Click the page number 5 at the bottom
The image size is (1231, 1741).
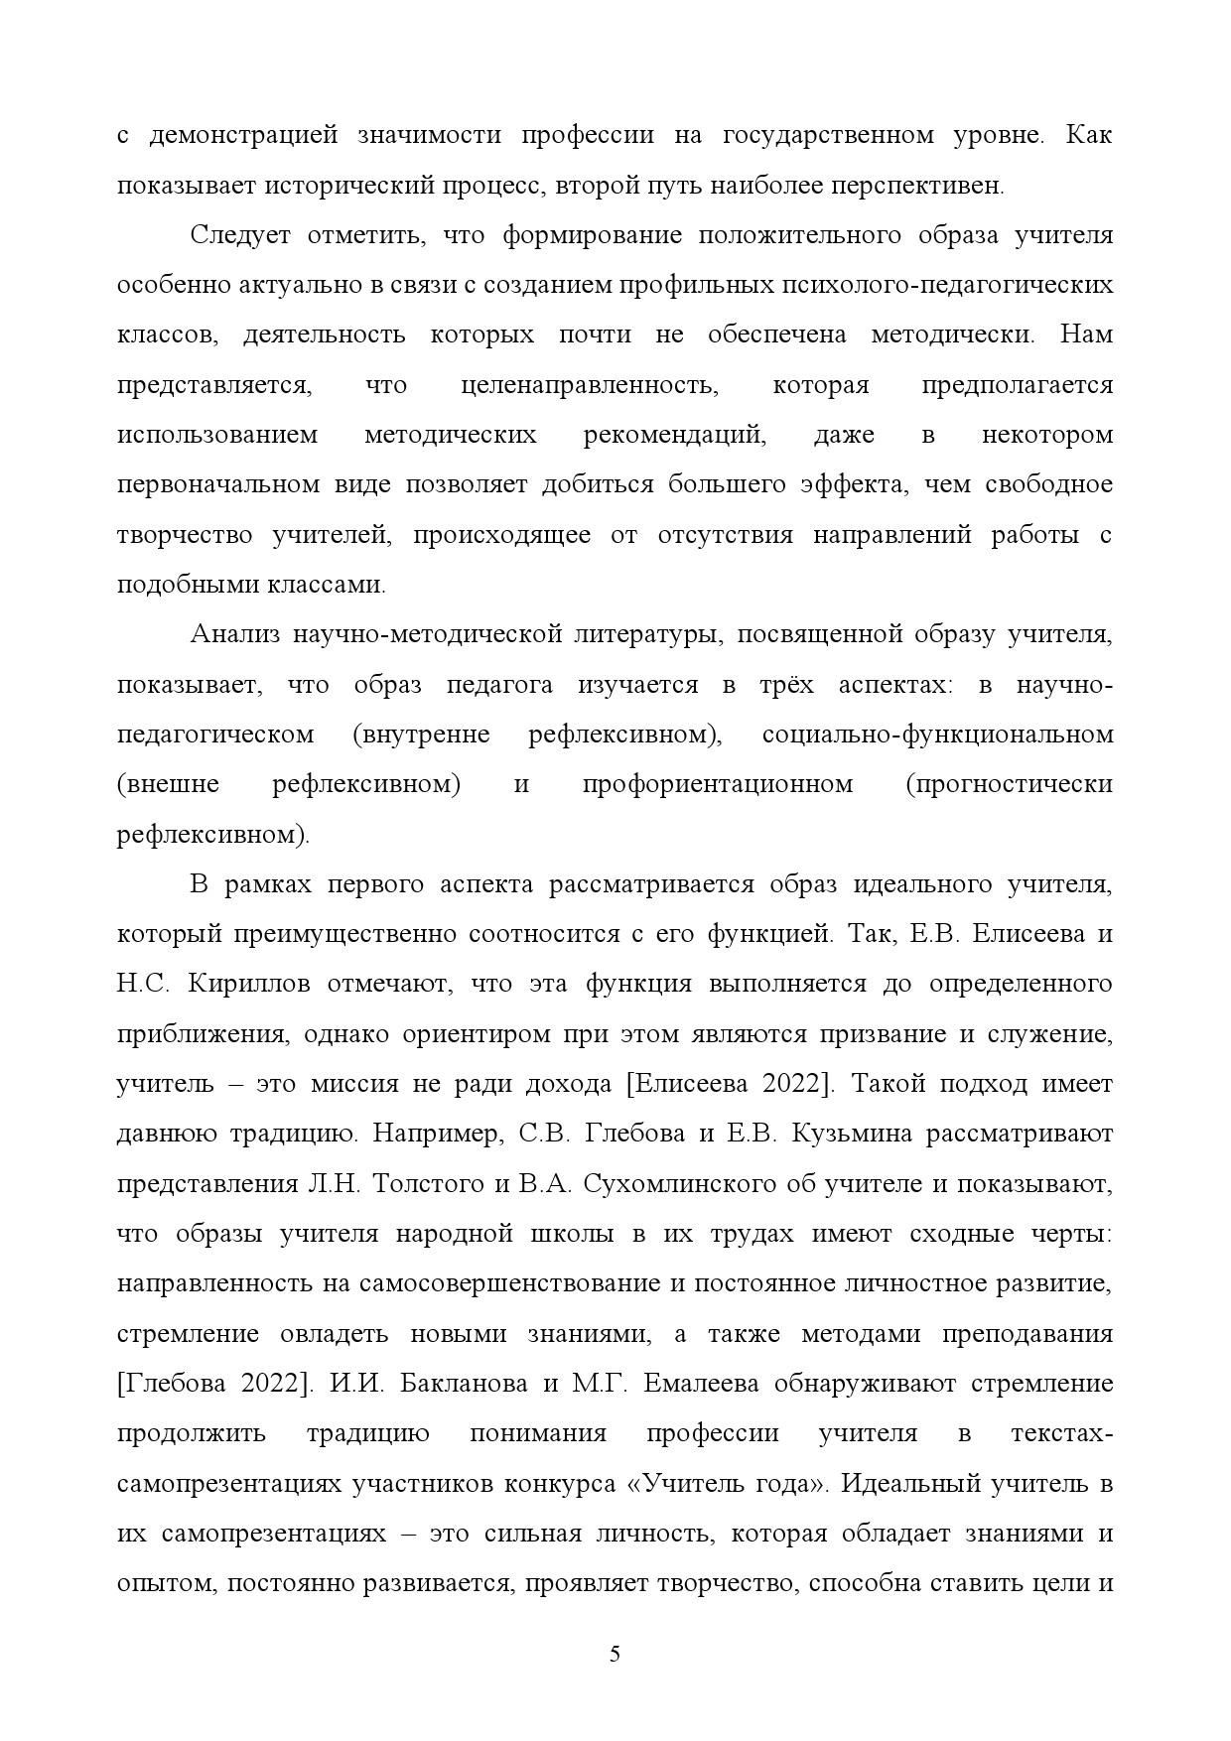coord(615,1654)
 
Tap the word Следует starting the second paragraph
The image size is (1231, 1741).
coord(239,235)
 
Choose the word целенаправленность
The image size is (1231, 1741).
coord(590,385)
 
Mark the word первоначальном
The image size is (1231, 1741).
coord(218,484)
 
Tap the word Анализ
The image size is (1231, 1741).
coord(230,634)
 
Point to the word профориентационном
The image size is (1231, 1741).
coord(718,784)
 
